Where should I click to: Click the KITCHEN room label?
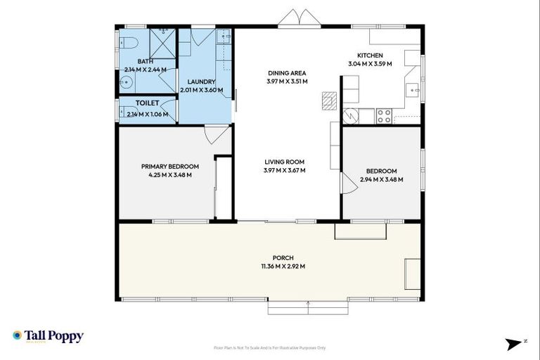370,56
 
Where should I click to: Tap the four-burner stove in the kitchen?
385,116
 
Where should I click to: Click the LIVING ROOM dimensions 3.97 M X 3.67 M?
284,169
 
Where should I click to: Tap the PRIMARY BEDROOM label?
169,167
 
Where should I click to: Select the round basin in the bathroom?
125,83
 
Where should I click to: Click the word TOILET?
147,103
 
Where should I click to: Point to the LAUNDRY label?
201,81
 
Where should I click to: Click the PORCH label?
284,257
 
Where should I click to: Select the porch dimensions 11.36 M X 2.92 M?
284,266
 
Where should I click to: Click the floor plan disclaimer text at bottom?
270,347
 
